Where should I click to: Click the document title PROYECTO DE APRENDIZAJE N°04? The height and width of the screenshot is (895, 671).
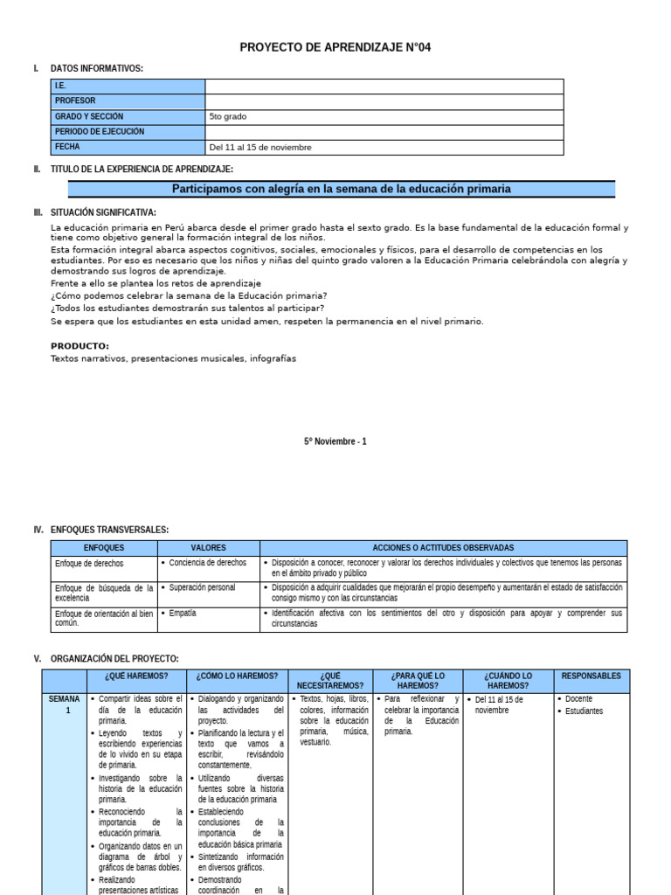point(335,47)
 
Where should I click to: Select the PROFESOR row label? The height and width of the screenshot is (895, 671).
point(76,101)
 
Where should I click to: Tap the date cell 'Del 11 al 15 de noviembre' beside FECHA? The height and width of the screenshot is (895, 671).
point(260,148)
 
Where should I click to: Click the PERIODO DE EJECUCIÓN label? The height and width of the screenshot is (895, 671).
point(100,132)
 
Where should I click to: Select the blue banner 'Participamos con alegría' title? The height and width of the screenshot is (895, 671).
point(341,189)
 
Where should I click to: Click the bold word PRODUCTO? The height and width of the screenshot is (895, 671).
point(80,346)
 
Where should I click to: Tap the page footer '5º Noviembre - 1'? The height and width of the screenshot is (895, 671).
point(335,441)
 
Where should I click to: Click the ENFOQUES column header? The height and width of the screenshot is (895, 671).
point(103,547)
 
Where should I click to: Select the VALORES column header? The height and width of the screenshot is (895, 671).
point(208,547)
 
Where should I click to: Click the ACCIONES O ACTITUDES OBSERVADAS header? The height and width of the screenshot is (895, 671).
point(443,547)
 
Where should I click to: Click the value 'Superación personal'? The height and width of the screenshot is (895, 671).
point(202,587)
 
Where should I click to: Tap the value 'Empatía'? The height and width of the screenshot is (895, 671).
point(183,613)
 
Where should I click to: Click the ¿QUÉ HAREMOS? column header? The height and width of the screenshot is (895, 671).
point(136,676)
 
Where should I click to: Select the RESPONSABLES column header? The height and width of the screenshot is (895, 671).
point(591,676)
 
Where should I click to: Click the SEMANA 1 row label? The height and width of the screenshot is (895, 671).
point(64,704)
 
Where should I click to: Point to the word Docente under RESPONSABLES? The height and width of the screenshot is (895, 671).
point(578,699)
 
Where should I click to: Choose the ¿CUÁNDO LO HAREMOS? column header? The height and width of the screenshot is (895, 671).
point(508,681)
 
